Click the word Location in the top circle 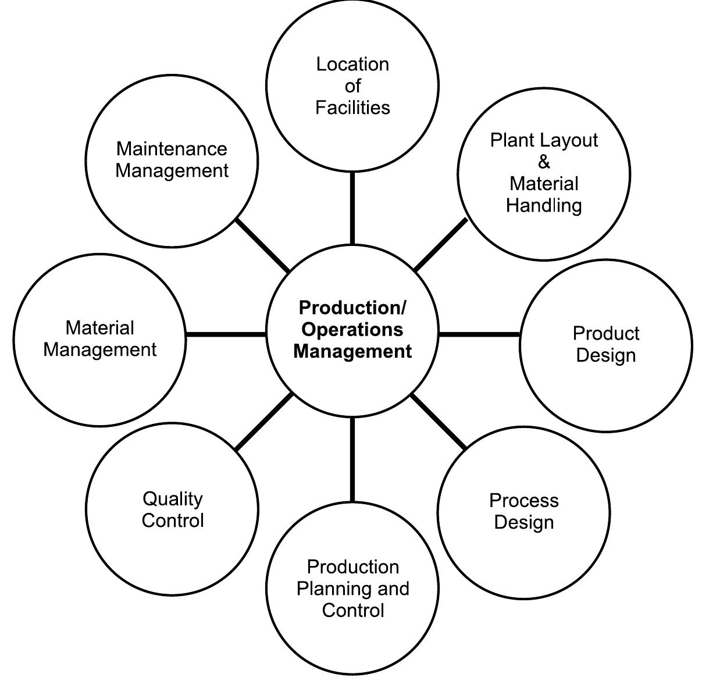352,64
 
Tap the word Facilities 352,108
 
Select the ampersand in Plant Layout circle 544,162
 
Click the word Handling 544,205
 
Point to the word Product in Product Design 605,333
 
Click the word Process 523,500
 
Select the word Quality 172,498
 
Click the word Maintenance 172,149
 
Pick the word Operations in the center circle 352,330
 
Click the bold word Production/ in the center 352,308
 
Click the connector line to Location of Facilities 352,208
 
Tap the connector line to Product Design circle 479,334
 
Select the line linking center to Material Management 226,334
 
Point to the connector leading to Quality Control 265,421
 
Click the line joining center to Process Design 439,422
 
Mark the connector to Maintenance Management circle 263,246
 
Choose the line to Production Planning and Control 352,459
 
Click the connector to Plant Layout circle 441,244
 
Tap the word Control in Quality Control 173,520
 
